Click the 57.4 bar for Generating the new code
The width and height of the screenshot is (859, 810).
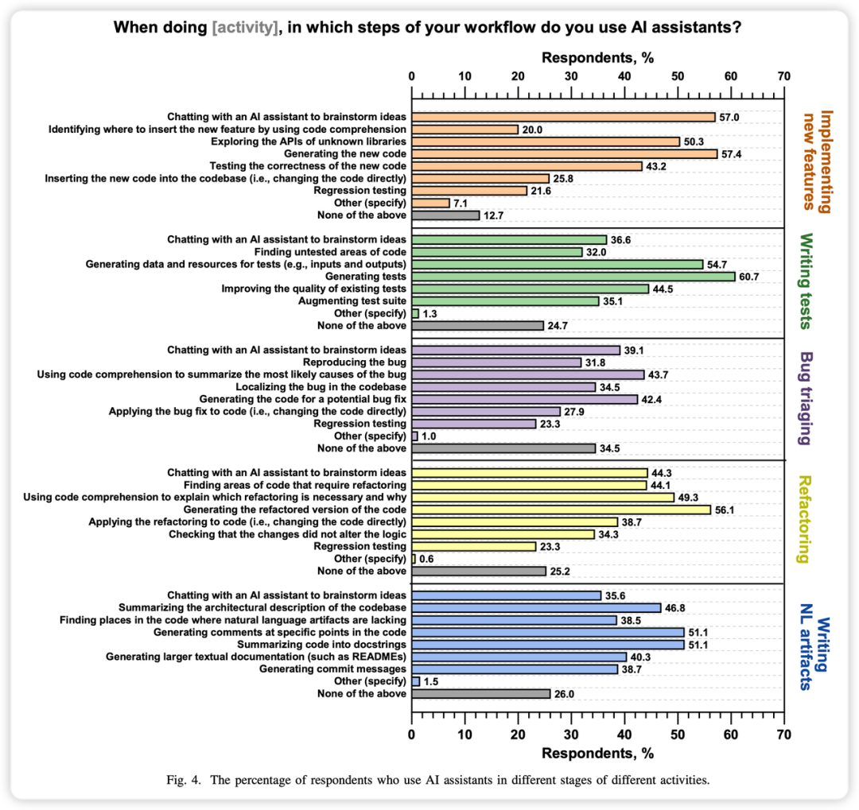click(x=564, y=153)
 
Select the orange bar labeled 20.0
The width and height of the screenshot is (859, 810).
click(x=464, y=129)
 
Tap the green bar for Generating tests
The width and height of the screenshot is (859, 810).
click(x=573, y=276)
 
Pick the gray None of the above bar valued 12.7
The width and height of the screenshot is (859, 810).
click(x=445, y=215)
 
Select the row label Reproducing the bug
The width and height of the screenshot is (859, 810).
click(x=360, y=362)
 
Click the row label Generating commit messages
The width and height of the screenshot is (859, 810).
click(x=332, y=669)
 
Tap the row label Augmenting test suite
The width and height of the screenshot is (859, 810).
click(x=352, y=300)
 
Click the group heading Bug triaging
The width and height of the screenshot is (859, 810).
click(x=806, y=398)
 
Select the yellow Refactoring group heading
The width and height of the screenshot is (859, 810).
click(x=806, y=519)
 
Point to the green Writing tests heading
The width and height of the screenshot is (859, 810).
click(x=806, y=281)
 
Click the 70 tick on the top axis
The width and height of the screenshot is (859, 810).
click(x=784, y=76)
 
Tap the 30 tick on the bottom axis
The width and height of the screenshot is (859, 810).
click(x=571, y=732)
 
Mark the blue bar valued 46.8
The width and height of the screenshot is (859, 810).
click(x=536, y=607)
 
